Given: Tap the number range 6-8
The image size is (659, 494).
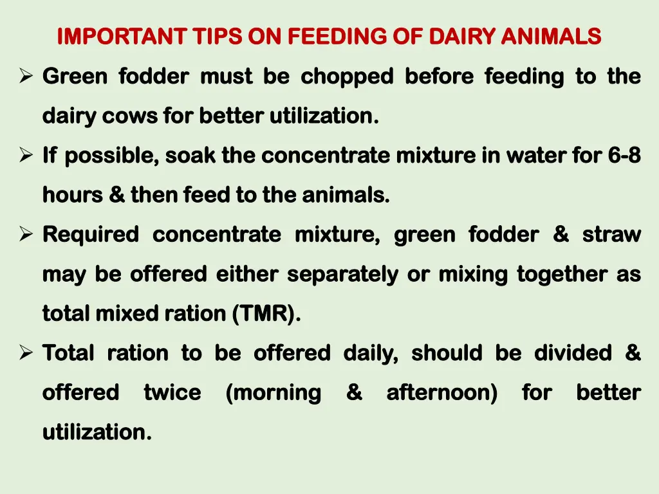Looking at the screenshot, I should pyautogui.click(x=624, y=156).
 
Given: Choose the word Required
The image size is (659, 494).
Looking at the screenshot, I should pyautogui.click(x=90, y=235).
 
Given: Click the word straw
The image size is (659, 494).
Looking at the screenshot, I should pyautogui.click(x=611, y=235).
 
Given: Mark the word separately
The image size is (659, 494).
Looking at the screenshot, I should pyautogui.click(x=344, y=275).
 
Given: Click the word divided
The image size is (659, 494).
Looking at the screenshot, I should pyautogui.click(x=573, y=354).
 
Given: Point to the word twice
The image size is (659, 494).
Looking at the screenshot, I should pyautogui.click(x=172, y=393).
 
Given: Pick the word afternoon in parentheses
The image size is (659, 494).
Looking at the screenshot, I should pyautogui.click(x=441, y=393).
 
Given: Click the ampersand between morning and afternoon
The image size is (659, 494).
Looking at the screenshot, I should pyautogui.click(x=354, y=393).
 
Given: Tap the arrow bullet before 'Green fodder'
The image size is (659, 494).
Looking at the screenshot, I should pyautogui.click(x=26, y=77).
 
